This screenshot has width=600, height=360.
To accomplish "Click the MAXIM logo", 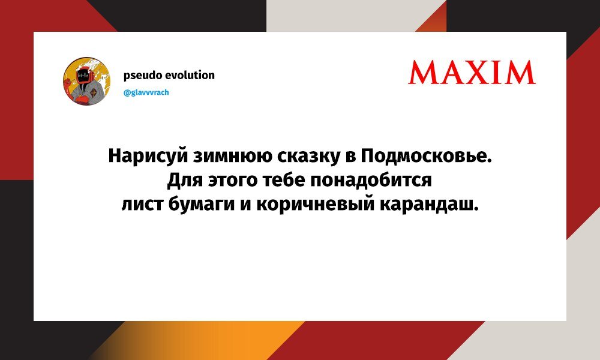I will coord(472,72).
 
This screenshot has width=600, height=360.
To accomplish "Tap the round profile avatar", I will coord(86,82).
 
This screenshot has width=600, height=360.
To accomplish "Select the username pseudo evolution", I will coord(169,75).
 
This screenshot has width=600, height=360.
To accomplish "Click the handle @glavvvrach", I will coord(146,93).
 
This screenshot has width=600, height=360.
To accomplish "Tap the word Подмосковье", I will coord(425,157).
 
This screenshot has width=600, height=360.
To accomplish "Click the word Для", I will coord(180,181).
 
